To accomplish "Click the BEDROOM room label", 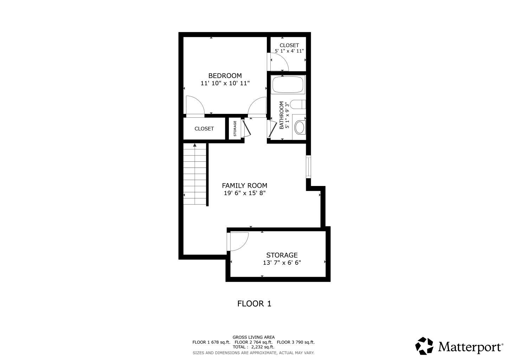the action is point(225,76).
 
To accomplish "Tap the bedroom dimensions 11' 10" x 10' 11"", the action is point(225,83).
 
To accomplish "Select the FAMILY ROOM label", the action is point(245,186).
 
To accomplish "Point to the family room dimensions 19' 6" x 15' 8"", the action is point(245,193).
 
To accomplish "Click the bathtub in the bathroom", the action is point(288,84).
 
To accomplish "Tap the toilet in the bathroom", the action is point(298,104).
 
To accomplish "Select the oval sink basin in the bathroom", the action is point(300,128).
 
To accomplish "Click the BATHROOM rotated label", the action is point(282,115).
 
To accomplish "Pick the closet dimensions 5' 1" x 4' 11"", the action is point(289,51).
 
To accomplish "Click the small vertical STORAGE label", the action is point(235,128).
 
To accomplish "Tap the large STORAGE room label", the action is point(282,255).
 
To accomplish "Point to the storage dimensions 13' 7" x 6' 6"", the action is point(282,263).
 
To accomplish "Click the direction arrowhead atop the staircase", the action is point(195,145).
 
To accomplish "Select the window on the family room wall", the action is point(308,167).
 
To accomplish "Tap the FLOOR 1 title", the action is point(254,304).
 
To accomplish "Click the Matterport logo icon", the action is point(424,346).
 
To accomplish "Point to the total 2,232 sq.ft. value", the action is point(263,347).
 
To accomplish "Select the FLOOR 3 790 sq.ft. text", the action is point(296,342).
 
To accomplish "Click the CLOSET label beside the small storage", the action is point(204,129).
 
